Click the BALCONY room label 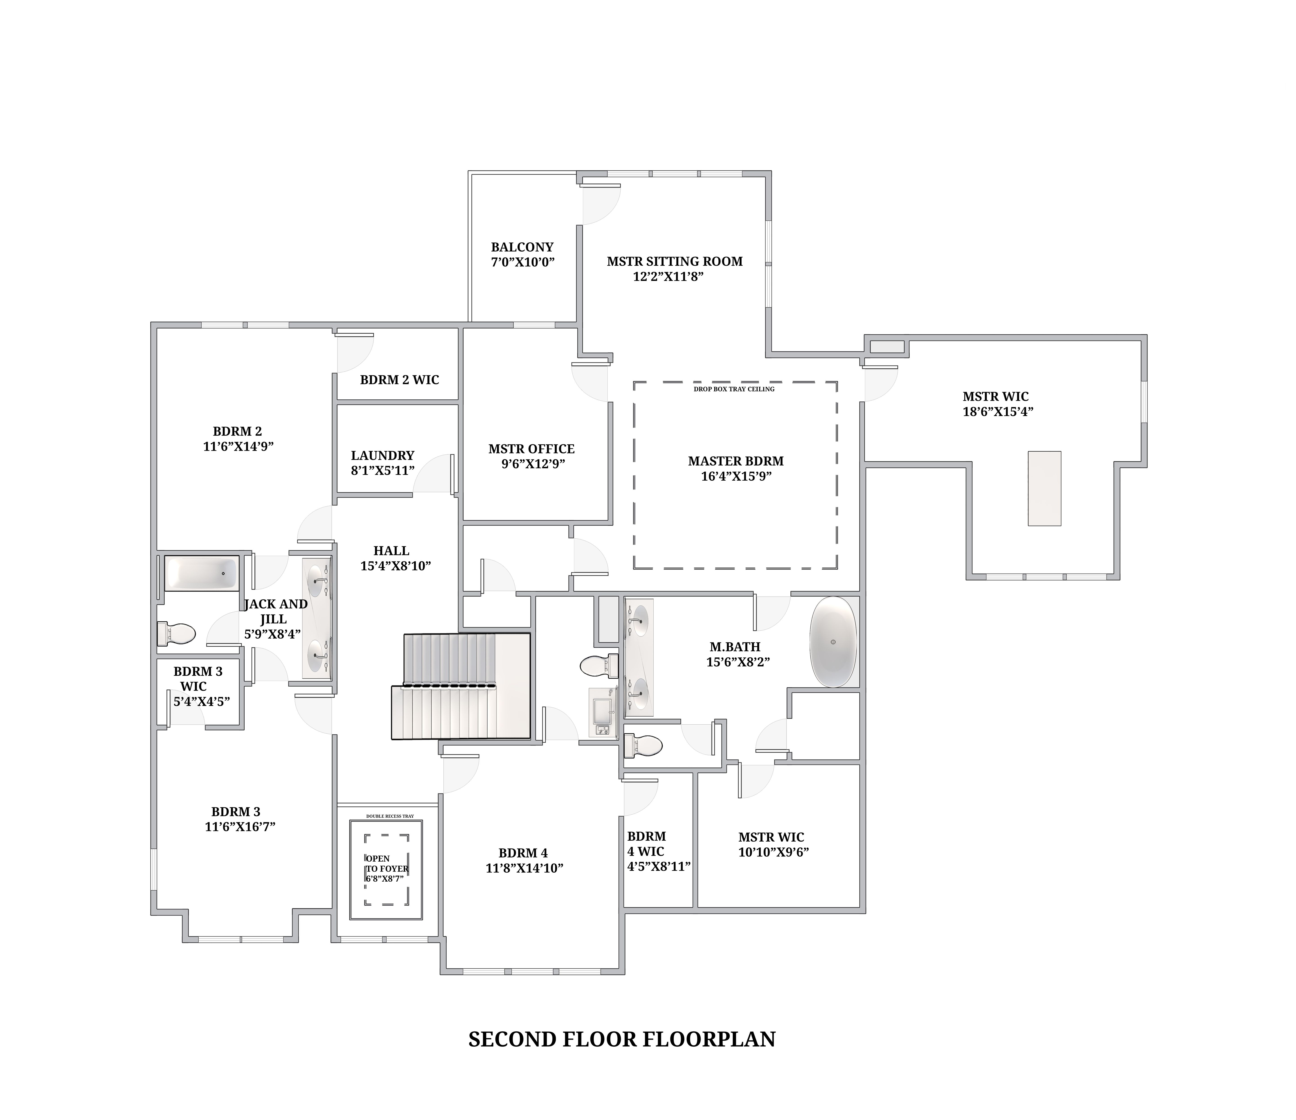tap(522, 247)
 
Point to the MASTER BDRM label tap(736, 461)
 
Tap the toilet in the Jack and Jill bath tap(176, 634)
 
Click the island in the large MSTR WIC tap(1044, 488)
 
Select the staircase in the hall tap(461, 686)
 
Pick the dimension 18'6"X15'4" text tap(998, 412)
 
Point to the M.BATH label tap(735, 647)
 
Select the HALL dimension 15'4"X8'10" tap(395, 566)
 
